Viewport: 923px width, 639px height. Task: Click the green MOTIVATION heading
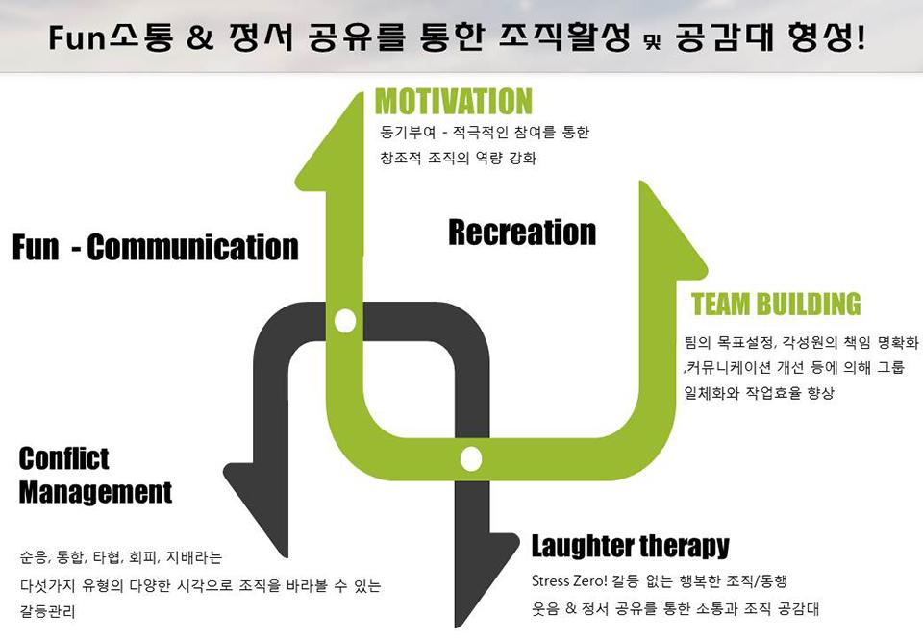click(453, 101)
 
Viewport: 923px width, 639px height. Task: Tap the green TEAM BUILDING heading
click(776, 305)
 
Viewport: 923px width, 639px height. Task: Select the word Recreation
click(522, 232)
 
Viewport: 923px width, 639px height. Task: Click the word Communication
click(192, 247)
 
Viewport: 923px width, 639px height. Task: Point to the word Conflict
click(63, 458)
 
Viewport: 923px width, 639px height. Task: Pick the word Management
click(95, 492)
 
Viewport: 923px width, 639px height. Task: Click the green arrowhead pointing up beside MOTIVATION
click(329, 141)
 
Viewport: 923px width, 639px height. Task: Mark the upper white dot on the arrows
click(345, 321)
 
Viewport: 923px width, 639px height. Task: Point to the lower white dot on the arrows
click(471, 459)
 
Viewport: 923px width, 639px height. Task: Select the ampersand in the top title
click(200, 37)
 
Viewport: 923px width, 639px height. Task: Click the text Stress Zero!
click(568, 581)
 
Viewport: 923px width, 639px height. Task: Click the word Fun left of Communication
click(36, 247)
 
